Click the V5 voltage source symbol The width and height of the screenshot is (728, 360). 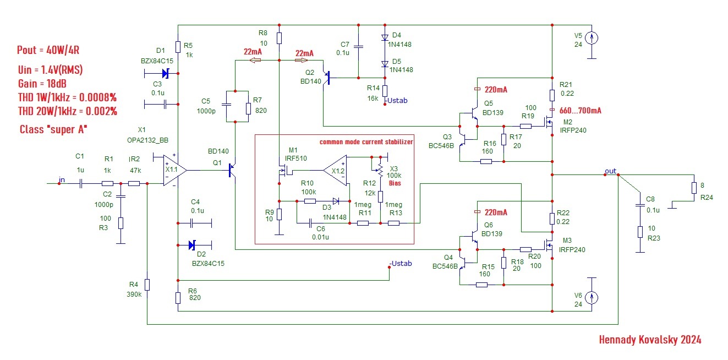592,38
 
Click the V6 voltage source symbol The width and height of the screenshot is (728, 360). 592,298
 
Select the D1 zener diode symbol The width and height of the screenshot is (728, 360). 165,73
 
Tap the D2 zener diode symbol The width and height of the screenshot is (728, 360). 192,244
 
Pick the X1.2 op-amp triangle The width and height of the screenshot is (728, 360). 335,171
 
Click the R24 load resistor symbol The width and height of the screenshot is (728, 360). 694,188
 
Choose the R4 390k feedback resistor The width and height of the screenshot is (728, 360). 147,284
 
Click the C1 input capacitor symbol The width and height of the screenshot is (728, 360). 81,183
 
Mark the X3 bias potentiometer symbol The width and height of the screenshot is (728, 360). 379,166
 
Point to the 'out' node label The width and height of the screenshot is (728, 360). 610,171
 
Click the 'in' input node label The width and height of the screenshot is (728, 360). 62,179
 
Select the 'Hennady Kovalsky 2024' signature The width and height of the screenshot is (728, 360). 650,340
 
